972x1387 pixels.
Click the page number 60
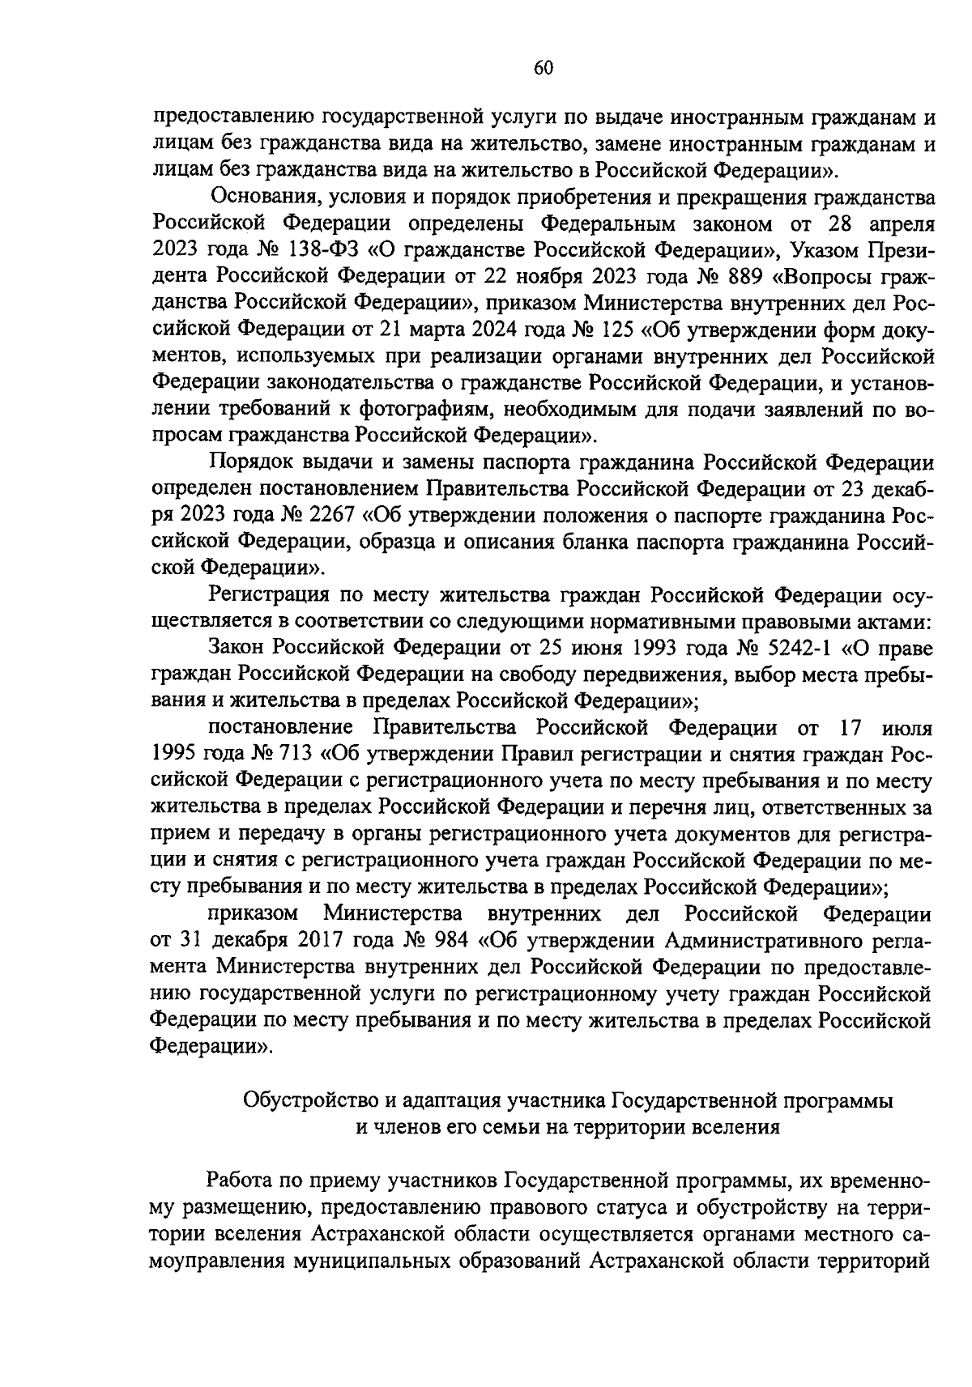click(x=543, y=69)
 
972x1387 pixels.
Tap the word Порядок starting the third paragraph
click(x=245, y=462)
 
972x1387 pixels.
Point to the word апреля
click(x=899, y=223)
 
